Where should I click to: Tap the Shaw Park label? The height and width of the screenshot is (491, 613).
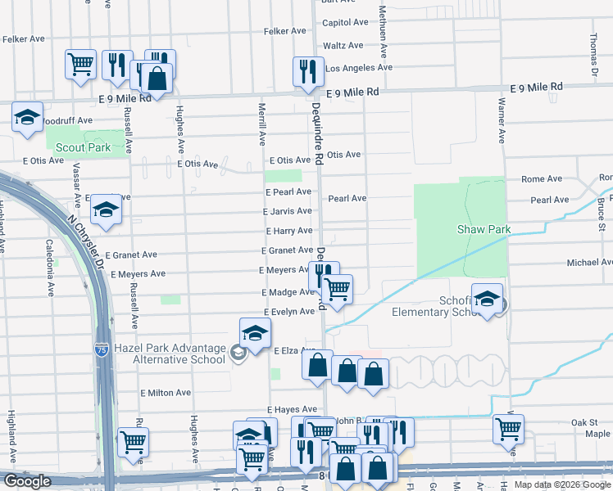[x=484, y=229]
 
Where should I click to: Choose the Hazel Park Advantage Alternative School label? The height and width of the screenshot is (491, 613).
[x=170, y=354]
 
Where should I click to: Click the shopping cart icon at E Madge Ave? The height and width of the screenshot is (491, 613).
[x=337, y=288]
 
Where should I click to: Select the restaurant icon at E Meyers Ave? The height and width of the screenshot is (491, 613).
[x=322, y=274]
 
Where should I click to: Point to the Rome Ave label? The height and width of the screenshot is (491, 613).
[x=542, y=179]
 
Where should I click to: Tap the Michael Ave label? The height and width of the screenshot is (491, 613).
[x=589, y=263]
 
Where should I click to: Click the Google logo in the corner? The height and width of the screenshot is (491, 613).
[x=26, y=481]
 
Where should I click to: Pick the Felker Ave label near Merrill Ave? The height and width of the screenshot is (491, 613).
[x=284, y=31]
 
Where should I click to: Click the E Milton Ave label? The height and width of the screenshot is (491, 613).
[x=166, y=393]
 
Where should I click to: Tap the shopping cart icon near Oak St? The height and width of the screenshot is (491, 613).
[x=508, y=428]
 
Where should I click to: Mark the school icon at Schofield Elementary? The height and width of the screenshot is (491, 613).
[x=487, y=301]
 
